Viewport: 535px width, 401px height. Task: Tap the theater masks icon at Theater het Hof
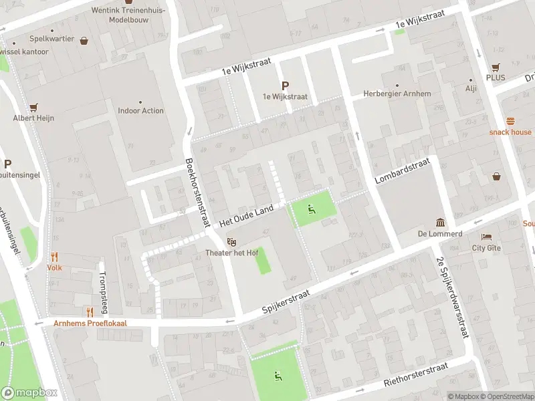[x=231, y=241]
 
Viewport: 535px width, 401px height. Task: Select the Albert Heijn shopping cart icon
[x=33, y=107]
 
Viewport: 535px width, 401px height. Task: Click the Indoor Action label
[x=140, y=111]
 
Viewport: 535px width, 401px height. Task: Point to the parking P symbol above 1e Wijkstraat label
[x=285, y=86]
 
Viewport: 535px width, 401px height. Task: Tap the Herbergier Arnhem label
[x=397, y=94]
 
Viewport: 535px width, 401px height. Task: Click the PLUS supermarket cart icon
[x=496, y=68]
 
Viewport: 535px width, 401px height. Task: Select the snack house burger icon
[x=510, y=121]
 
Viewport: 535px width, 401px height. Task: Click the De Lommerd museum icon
[x=440, y=222]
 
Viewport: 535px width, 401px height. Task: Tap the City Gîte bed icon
[x=486, y=237]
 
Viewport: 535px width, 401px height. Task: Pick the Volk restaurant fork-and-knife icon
[x=54, y=257]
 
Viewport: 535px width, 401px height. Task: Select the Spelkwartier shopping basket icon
[x=84, y=40]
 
